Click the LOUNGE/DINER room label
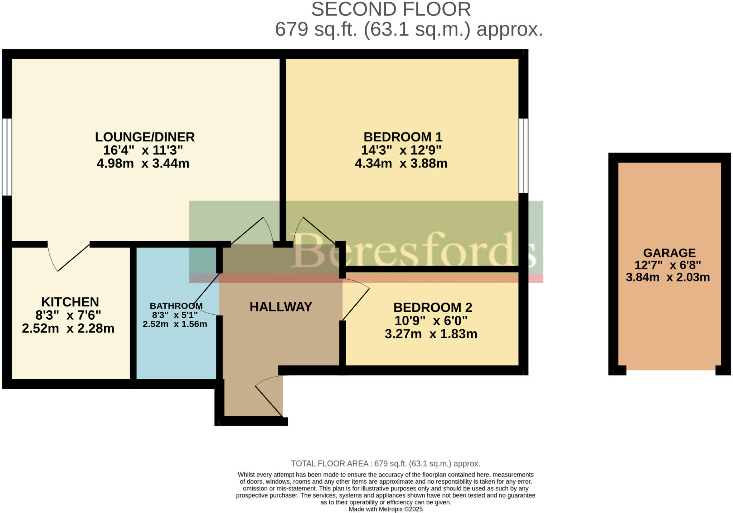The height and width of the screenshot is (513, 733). (x=145, y=137)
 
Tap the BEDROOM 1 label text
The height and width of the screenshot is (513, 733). (x=403, y=137)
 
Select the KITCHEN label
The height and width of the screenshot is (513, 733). (x=70, y=302)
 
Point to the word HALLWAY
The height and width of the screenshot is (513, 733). (x=281, y=307)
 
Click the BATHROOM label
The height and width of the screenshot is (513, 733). (x=176, y=306)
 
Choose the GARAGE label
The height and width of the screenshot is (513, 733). (x=669, y=253)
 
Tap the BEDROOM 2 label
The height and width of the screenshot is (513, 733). (x=432, y=308)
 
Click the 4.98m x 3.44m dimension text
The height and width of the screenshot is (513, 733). (x=143, y=164)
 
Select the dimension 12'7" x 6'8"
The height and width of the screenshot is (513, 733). (x=668, y=265)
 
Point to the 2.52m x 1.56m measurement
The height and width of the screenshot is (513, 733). (x=175, y=324)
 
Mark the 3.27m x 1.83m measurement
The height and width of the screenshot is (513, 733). (x=431, y=334)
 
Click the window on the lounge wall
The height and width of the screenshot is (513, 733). (x=7, y=157)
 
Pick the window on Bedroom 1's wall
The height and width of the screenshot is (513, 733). (x=523, y=156)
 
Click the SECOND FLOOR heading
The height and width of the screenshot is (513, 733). (x=390, y=10)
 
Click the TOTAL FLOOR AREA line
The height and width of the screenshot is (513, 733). (x=385, y=464)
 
